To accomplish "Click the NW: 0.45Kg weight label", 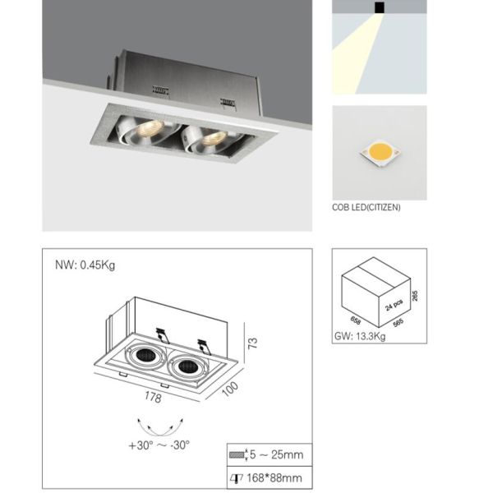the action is click(85, 265).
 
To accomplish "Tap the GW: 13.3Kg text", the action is click(360, 336).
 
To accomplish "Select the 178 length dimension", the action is click(153, 397).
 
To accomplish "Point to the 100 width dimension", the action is click(230, 389).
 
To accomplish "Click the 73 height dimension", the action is click(253, 343).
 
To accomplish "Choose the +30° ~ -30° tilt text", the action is click(159, 445).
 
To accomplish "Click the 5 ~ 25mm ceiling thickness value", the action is click(276, 454).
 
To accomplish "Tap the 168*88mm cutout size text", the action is click(274, 478).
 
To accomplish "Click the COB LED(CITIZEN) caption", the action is click(366, 208).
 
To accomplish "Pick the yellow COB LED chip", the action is click(380, 153).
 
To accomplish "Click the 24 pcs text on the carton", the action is click(394, 305).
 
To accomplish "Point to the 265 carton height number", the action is click(415, 296).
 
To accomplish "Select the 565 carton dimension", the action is click(398, 323).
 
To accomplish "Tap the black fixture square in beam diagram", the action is click(380, 7).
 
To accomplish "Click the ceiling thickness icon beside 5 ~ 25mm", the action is click(238, 454).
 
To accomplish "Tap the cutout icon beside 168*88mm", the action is click(237, 478).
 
